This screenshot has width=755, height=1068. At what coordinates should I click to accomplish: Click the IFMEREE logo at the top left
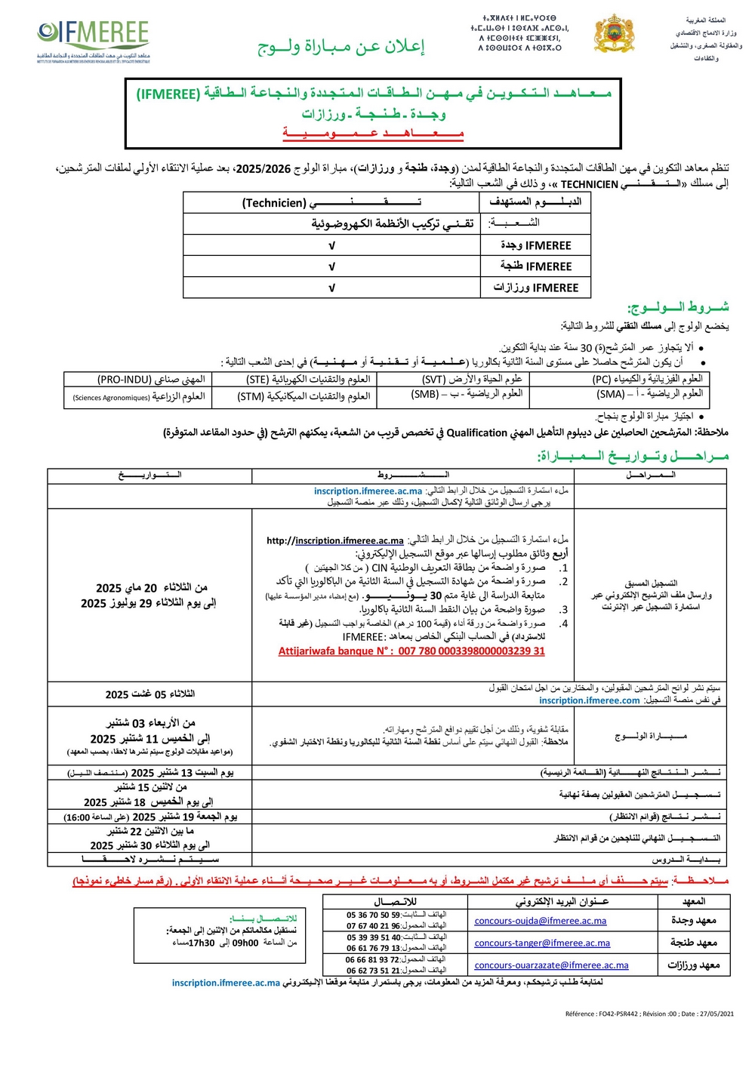point(93,42)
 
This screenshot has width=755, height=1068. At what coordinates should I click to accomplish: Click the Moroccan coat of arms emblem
point(615,34)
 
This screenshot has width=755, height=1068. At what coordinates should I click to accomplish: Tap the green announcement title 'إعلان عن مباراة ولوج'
point(341,47)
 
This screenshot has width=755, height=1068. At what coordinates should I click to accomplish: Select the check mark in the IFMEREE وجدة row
point(331,246)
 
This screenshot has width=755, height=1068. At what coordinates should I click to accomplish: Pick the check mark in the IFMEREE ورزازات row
point(331,288)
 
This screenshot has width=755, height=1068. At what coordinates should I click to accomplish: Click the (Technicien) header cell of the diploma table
point(331,202)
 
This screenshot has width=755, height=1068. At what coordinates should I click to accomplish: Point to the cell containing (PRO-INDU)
point(151,380)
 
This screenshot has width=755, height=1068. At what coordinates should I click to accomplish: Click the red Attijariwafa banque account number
point(411,651)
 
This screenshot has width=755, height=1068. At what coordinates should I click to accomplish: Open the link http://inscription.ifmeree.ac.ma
point(335,540)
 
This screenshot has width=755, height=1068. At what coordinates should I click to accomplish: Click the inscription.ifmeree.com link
point(589,700)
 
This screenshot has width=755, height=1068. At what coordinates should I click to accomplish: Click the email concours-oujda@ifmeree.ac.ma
point(541,921)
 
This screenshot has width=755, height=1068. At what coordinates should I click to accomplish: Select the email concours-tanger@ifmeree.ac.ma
point(542,943)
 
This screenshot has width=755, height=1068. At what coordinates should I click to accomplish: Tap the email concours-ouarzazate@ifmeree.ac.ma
point(551,965)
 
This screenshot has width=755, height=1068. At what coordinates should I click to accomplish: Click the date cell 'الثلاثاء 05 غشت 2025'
point(149,694)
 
